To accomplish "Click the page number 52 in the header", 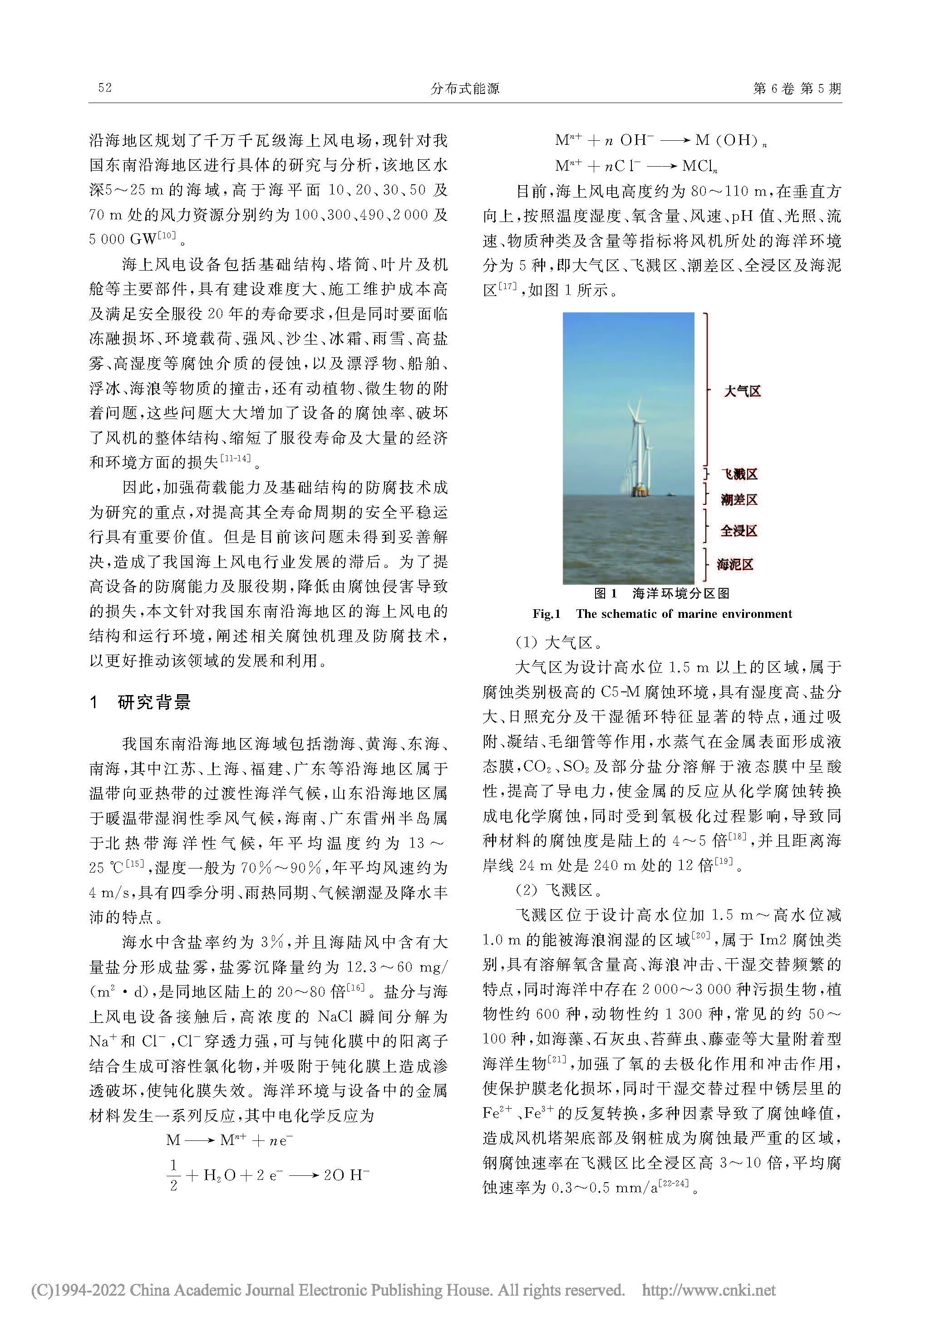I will pyautogui.click(x=104, y=88).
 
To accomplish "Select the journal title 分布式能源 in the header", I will pyautogui.click(x=465, y=89).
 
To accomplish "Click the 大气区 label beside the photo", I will pyautogui.click(x=743, y=391).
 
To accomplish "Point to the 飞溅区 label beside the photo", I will pyautogui.click(x=739, y=474).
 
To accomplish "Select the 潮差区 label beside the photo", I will pyautogui.click(x=739, y=499).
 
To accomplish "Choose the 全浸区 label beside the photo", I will pyautogui.click(x=739, y=531).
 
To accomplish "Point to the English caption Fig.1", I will pyautogui.click(x=662, y=614).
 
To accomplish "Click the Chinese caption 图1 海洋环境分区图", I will pyautogui.click(x=662, y=593).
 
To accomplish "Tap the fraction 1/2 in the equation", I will pyautogui.click(x=173, y=1175).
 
